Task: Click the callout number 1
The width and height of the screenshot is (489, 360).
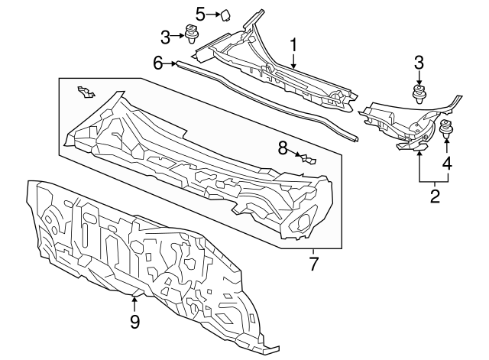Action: [x=293, y=46]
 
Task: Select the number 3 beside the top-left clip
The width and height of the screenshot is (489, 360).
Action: [x=165, y=37]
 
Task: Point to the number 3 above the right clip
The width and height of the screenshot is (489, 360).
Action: [x=419, y=62]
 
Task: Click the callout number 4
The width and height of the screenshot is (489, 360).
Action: [x=447, y=163]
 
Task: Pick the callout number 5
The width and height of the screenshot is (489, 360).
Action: [x=200, y=14]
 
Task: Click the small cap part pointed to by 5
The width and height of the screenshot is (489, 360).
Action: [x=225, y=15]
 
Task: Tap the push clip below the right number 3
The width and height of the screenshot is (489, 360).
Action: [x=419, y=92]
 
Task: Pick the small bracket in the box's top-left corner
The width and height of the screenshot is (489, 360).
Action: [x=86, y=92]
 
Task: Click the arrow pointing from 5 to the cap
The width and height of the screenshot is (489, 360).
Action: [x=214, y=14]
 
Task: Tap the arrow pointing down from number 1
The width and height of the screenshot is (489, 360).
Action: [x=293, y=62]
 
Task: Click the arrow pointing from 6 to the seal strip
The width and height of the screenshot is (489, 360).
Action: [x=170, y=63]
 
